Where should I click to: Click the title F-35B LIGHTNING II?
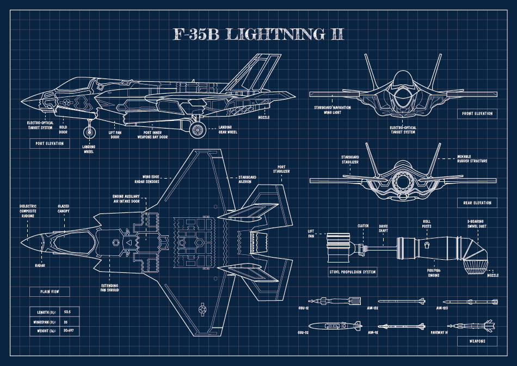click(x=258, y=34)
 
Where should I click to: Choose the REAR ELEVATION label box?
click(x=477, y=203)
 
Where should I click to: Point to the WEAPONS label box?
click(x=477, y=341)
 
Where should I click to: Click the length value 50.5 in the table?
click(x=67, y=312)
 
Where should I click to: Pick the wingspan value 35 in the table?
click(x=66, y=321)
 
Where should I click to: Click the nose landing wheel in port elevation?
click(x=89, y=132)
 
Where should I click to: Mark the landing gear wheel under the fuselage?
click(x=197, y=129)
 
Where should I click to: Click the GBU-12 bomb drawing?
click(x=334, y=301)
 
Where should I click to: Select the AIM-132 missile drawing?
click(x=400, y=301)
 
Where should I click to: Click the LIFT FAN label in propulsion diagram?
click(x=311, y=234)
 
